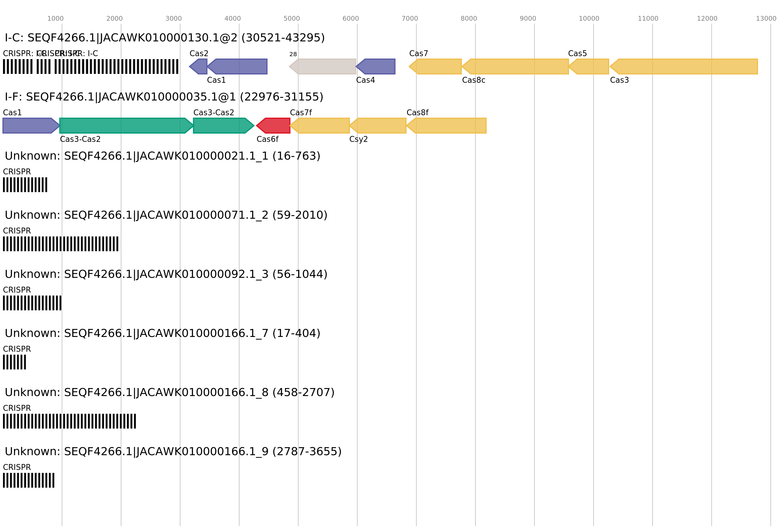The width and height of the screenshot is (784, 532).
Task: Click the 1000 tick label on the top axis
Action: [x=55, y=19]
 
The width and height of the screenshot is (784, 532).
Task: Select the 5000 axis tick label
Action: [x=291, y=19]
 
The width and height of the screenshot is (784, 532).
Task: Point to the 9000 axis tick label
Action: [x=528, y=19]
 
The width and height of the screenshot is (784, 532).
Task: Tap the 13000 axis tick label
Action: [x=766, y=19]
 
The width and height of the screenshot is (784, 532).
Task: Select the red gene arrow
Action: [x=274, y=126]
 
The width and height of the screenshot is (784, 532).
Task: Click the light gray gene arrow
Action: [x=323, y=66]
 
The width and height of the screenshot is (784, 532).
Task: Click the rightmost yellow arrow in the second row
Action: [x=447, y=126]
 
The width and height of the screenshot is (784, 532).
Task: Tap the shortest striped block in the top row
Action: [x=43, y=66]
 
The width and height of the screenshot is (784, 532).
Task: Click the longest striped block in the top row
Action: [x=116, y=66]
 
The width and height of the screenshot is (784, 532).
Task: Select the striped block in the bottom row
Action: [x=29, y=480]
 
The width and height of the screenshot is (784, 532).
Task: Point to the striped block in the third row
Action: [x=25, y=185]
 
